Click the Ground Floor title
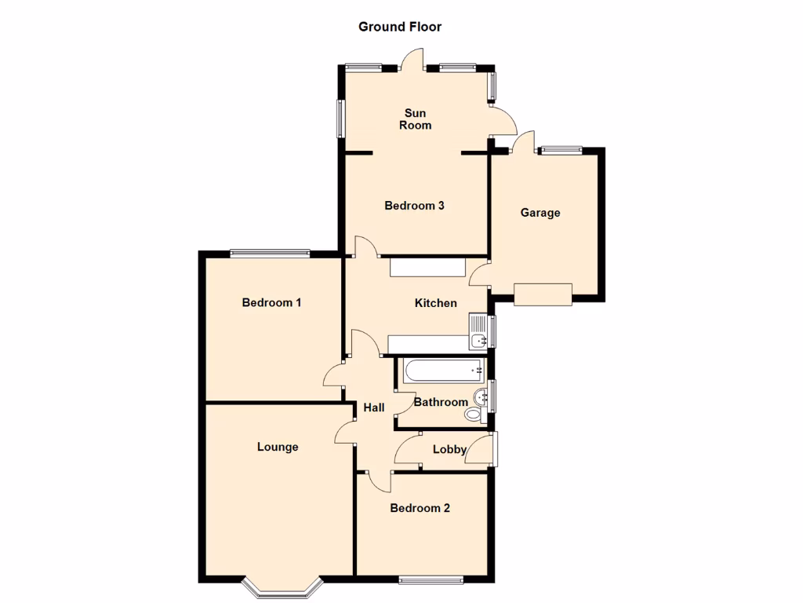pos(400,27)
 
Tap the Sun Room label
pos(415,119)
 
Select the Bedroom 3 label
pos(414,206)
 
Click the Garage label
pos(540,212)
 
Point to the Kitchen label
pos(435,302)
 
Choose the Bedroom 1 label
pos(271,302)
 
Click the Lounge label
pos(278,447)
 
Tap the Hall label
pos(374,407)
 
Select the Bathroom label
pos(440,402)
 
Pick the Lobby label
pos(449,450)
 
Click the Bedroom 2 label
pos(420,508)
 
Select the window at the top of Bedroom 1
pos(270,253)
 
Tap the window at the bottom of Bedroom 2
pos(431,580)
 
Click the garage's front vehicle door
pos(543,294)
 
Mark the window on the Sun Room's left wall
pos(341,118)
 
